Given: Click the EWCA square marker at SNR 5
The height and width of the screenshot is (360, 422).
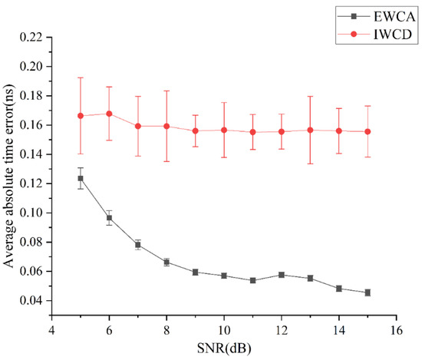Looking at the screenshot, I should coord(81,178).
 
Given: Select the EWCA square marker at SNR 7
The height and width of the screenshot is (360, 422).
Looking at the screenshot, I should coord(138,245).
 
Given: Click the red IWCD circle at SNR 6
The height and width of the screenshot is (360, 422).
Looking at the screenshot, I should coord(110,114).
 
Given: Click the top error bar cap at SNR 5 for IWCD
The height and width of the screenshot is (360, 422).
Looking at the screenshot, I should coord(81,78).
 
